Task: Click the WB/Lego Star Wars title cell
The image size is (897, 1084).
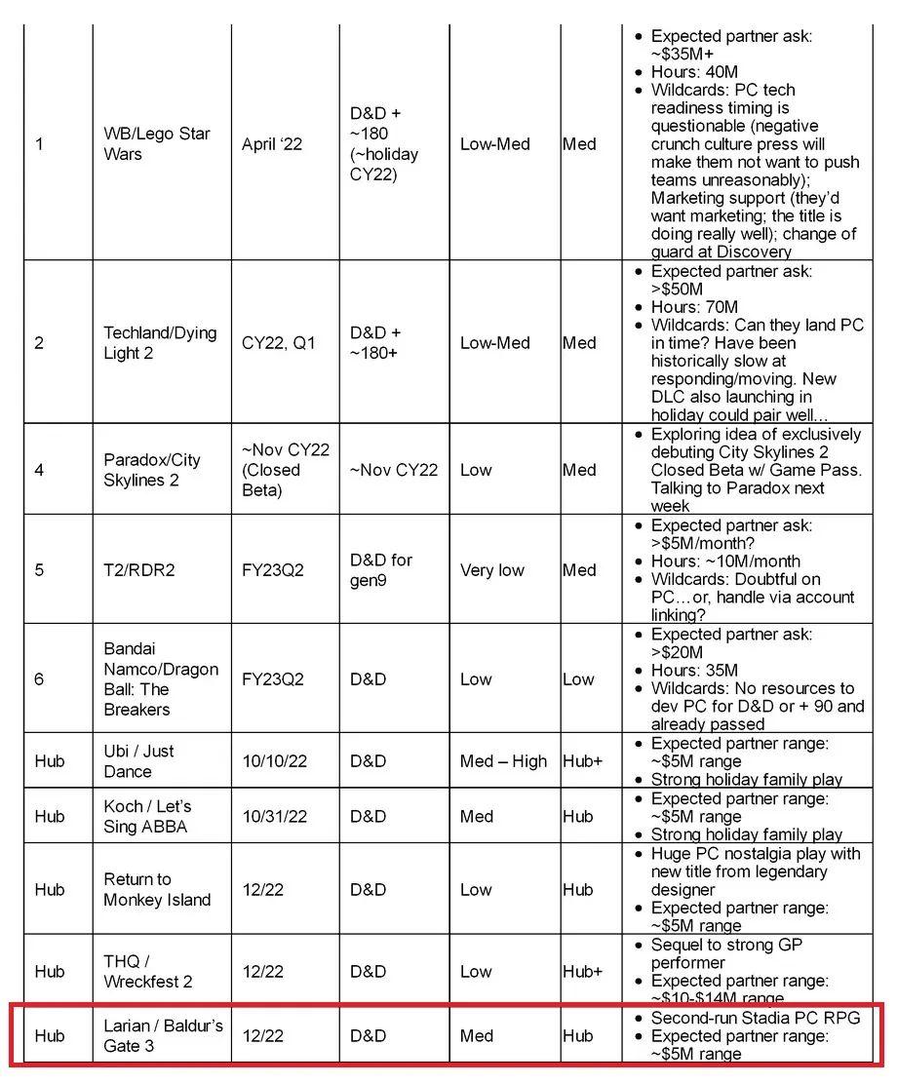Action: [157, 143]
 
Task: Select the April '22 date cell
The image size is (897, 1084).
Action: [272, 143]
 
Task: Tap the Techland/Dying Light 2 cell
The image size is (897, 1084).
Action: [160, 343]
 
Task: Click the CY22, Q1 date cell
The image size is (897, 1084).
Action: [278, 343]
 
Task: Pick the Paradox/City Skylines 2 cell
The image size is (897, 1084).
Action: [152, 470]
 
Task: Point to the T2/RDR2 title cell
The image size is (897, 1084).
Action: [139, 569]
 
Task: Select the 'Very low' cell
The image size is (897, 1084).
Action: [491, 569]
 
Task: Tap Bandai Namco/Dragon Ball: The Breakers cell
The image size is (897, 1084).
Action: [161, 678]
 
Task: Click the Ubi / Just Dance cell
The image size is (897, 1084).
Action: [139, 761]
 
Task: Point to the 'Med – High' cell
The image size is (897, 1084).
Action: [503, 761]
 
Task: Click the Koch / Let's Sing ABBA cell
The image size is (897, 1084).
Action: [147, 816]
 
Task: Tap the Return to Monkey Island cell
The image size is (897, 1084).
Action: [157, 889]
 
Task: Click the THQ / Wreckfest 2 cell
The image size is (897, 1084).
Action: [147, 971]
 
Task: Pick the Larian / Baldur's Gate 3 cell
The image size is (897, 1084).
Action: [163, 1035]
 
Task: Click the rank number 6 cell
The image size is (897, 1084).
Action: [39, 678]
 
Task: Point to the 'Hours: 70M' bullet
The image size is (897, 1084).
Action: [694, 307]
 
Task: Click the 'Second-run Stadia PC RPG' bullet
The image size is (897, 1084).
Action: [756, 1018]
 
